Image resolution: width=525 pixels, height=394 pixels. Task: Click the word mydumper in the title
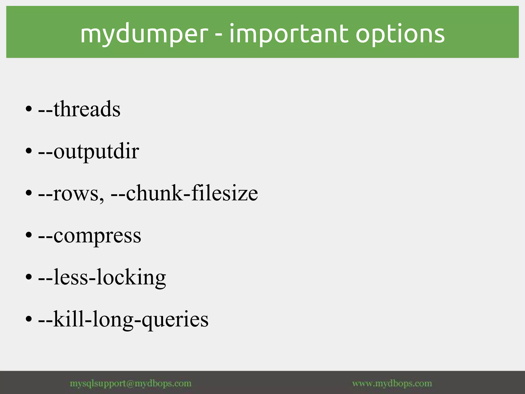pos(144,34)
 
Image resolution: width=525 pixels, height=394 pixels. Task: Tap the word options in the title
pos(400,34)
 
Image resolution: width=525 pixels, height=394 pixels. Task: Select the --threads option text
pos(79,109)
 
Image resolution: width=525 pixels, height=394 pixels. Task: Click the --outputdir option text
pos(89,152)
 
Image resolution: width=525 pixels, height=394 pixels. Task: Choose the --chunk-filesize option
pos(184,193)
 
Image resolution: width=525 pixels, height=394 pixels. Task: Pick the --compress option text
pos(90,235)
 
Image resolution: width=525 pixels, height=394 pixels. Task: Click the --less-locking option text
pos(102,277)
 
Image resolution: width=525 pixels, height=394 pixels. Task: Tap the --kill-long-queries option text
pos(123,319)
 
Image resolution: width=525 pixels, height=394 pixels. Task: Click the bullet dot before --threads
pos(29,109)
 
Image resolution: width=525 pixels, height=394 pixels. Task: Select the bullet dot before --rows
pos(29,193)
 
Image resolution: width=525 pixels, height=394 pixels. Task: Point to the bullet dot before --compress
pos(29,235)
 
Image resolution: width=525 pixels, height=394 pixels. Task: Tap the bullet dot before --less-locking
pos(29,277)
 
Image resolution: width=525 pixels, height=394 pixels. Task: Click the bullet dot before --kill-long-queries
pos(29,319)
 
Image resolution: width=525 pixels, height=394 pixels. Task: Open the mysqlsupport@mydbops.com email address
pos(131,383)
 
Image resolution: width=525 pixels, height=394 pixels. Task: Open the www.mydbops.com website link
pos(392,383)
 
